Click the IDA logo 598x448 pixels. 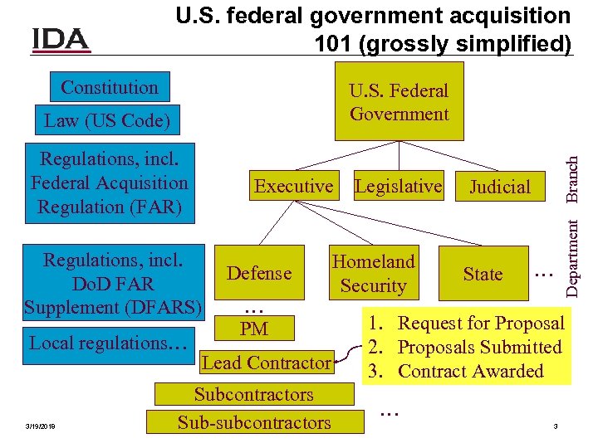[61, 39]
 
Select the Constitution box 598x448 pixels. [109, 87]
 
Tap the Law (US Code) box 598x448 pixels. [106, 120]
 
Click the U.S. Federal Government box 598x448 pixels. [399, 102]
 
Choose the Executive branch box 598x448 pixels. [293, 186]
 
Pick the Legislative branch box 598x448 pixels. [398, 186]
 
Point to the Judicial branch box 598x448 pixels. [499, 187]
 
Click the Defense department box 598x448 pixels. [259, 273]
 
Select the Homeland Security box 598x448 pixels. [373, 274]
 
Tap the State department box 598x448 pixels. [483, 274]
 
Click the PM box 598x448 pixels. [254, 329]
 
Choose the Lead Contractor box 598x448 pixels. [266, 363]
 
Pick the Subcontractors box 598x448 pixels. [253, 395]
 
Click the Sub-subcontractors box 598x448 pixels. [253, 422]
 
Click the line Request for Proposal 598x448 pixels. [481, 324]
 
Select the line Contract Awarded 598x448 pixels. [470, 371]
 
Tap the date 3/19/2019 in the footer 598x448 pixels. [41, 426]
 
